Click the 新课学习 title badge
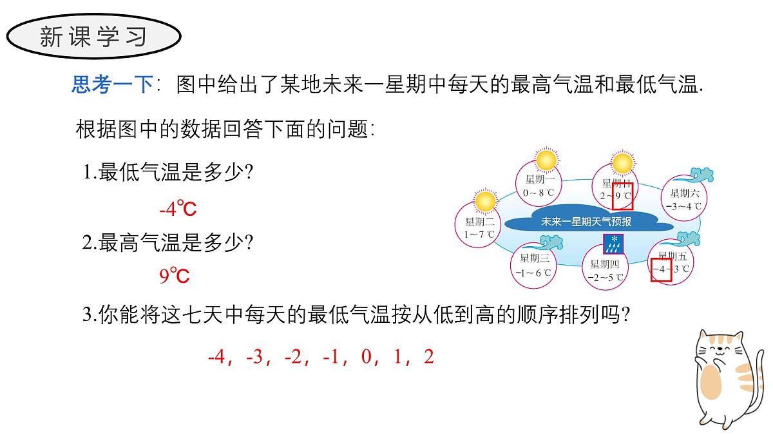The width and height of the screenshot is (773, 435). (x=93, y=37)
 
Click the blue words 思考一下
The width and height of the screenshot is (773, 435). (x=112, y=84)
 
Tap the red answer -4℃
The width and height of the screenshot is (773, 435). (x=177, y=209)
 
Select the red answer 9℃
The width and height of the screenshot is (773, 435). (x=175, y=276)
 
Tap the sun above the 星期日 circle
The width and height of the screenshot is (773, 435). (x=622, y=163)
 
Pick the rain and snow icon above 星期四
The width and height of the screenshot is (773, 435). (x=613, y=244)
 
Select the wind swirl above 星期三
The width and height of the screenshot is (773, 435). (x=550, y=242)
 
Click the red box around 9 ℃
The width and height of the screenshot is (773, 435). (x=622, y=197)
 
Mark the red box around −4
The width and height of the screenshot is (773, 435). (x=661, y=269)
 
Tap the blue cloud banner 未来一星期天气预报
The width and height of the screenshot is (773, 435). (x=586, y=222)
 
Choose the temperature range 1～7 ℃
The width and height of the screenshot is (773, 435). (x=479, y=235)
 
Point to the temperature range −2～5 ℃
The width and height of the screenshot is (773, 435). (x=606, y=278)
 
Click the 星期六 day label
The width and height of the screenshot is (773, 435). (x=685, y=193)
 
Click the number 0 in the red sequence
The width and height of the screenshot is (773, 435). (x=367, y=357)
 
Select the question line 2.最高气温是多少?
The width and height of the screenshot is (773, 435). (x=168, y=243)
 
